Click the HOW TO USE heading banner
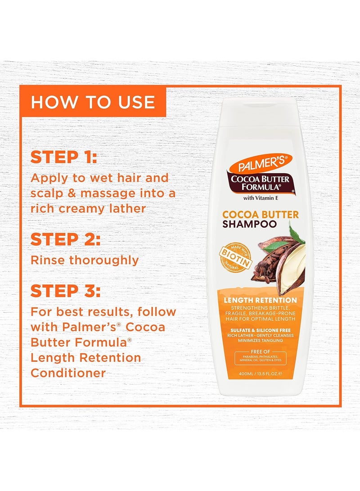point(92,102)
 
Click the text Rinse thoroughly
point(84,260)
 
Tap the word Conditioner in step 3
point(68,373)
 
